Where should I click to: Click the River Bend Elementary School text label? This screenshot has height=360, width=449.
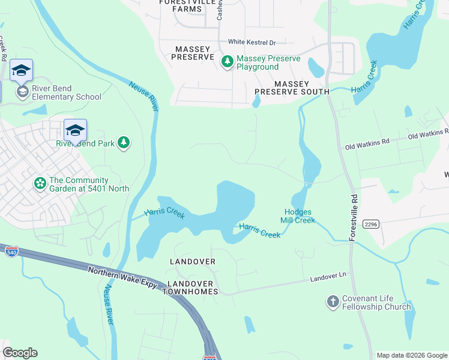(x=67, y=92)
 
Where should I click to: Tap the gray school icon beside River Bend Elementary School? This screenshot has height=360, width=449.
(x=22, y=91)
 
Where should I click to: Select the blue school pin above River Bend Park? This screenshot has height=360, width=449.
(x=76, y=130)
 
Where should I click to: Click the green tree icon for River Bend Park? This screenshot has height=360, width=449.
(x=123, y=142)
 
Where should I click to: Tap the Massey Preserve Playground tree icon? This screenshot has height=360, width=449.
(x=227, y=61)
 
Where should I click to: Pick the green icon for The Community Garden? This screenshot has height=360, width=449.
(x=40, y=183)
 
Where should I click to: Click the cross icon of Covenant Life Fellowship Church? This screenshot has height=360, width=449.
(x=333, y=302)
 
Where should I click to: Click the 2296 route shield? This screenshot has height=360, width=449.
(x=370, y=224)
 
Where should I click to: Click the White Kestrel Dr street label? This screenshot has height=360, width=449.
(x=252, y=43)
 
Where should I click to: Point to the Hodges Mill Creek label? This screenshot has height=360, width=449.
(x=299, y=216)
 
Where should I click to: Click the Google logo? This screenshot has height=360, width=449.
(x=20, y=353)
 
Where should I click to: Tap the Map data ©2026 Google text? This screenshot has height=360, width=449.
(x=412, y=355)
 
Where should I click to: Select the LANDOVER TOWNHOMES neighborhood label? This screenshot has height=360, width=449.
(x=192, y=287)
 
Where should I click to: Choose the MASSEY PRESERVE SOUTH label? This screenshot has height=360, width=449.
(x=292, y=88)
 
